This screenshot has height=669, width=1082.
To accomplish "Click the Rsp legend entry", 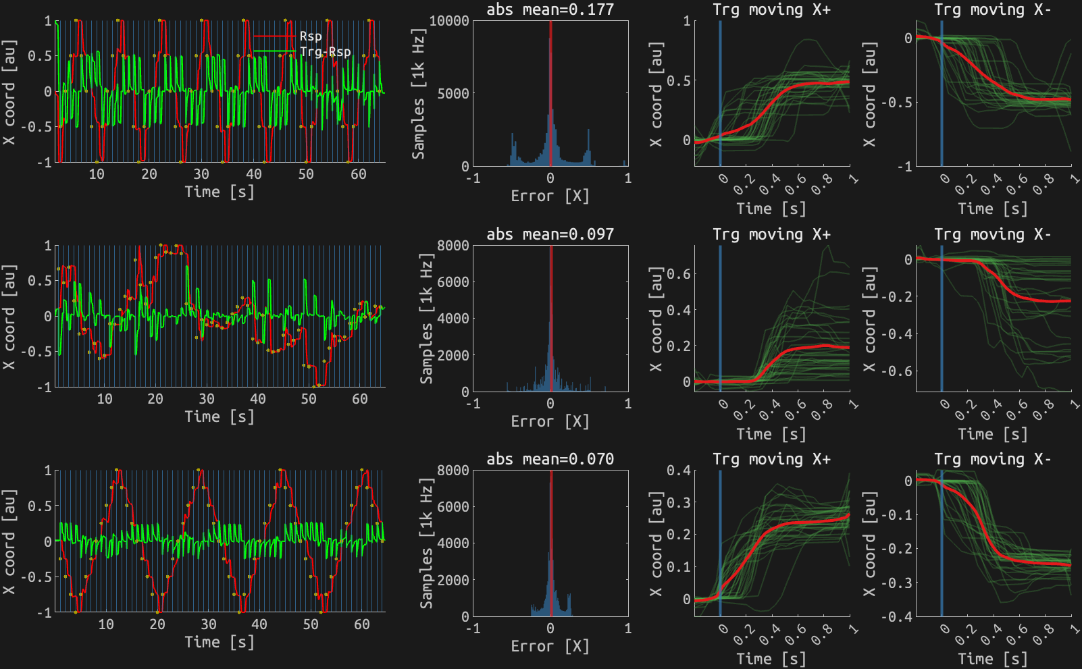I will point(311,36).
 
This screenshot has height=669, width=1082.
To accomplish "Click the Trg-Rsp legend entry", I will point(325,51).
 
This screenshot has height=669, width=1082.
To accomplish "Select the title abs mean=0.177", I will point(550,9).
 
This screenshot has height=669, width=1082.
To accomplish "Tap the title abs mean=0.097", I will point(550,234).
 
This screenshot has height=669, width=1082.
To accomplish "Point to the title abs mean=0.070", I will point(550,459).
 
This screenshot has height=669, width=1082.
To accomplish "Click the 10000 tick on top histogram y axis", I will point(449,21).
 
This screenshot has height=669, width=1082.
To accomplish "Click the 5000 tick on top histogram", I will point(453,93).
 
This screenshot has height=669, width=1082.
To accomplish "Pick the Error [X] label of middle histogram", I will point(550,421).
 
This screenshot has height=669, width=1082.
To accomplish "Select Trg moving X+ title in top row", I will point(771,9).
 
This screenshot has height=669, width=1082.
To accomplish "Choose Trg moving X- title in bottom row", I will point(992,459).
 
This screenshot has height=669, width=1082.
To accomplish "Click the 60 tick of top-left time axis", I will point(359,174).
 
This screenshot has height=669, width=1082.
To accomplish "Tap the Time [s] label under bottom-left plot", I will point(220,642).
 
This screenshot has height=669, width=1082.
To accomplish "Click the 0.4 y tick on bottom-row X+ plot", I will point(679,471).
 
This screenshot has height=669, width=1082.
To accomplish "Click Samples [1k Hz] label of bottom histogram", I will point(426,543).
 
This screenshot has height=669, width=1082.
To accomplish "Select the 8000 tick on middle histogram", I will point(453,246).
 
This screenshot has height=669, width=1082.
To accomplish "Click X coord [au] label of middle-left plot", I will point(8,316).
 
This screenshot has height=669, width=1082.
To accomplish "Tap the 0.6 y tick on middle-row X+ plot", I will point(679,274).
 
